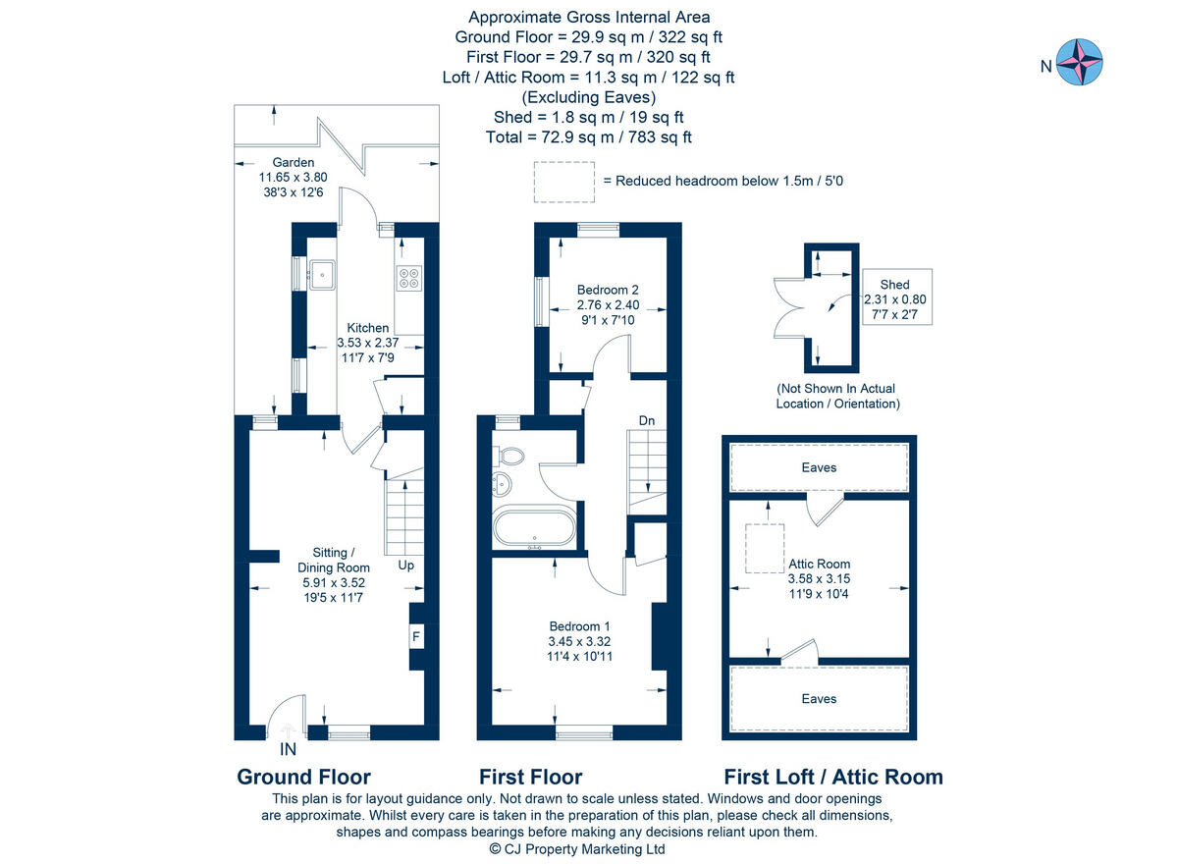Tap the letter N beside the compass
click(1046, 67)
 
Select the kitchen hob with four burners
click(408, 278)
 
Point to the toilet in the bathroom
click(509, 456)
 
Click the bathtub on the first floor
click(534, 527)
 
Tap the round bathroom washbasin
click(502, 484)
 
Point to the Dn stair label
click(646, 421)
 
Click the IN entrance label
click(288, 749)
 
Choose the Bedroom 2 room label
click(608, 290)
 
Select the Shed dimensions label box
click(895, 296)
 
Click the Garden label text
click(293, 162)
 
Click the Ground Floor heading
click(303, 778)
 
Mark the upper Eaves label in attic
click(819, 467)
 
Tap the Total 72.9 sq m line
click(588, 137)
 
